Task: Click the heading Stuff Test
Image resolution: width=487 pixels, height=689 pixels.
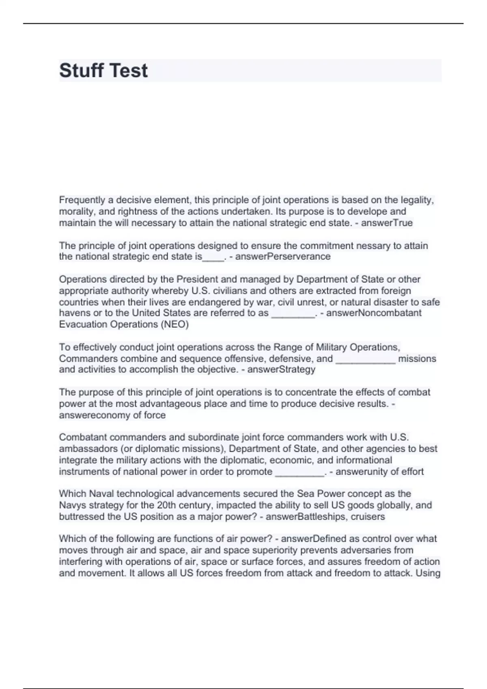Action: (103, 71)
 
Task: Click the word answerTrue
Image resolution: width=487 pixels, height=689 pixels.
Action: (387, 223)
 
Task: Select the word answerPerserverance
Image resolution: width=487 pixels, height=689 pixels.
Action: (283, 257)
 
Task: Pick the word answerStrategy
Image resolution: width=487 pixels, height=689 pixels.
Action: (281, 370)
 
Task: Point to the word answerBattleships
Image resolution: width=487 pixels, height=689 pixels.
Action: (306, 517)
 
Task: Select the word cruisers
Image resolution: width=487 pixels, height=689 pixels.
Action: (368, 517)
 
